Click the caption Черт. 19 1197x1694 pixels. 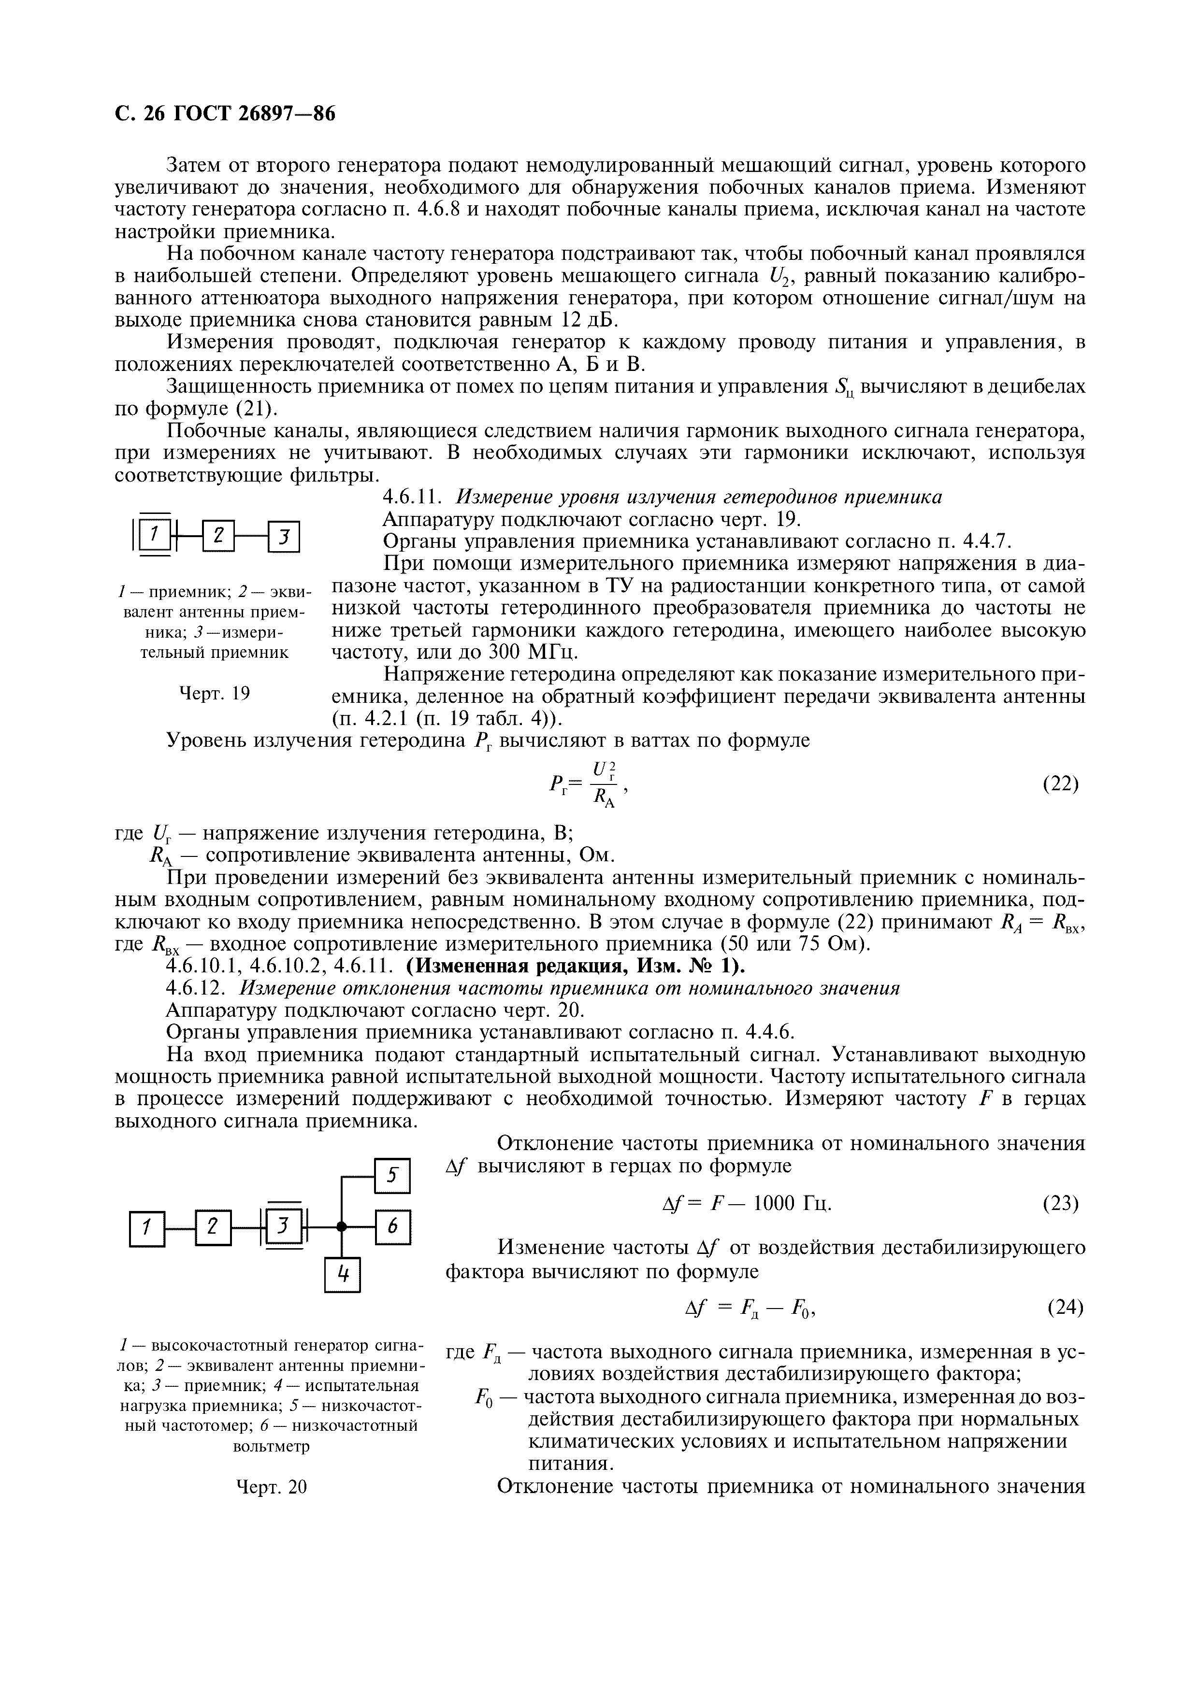(215, 693)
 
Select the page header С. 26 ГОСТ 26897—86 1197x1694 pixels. (225, 114)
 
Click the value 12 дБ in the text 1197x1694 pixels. (589, 320)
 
